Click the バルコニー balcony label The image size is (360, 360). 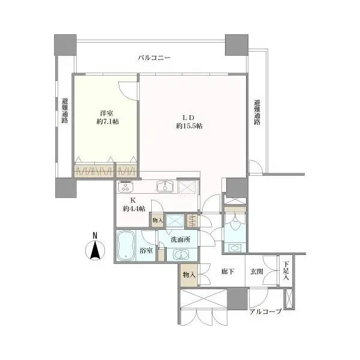pyautogui.click(x=154, y=58)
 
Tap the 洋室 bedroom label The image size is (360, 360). pyautogui.click(x=107, y=113)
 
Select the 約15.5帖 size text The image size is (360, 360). pyautogui.click(x=189, y=126)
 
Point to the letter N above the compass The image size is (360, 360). pyautogui.click(x=95, y=235)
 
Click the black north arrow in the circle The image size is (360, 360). pyautogui.click(x=95, y=250)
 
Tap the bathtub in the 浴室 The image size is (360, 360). pyautogui.click(x=125, y=245)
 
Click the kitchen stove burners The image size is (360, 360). pyautogui.click(x=125, y=187)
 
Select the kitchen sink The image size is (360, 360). pyautogui.click(x=165, y=186)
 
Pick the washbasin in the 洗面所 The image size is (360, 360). pyautogui.click(x=181, y=254)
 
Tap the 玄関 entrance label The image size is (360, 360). pyautogui.click(x=256, y=272)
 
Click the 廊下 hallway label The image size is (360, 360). pyautogui.click(x=228, y=272)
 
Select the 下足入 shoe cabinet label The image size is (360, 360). pyautogui.click(x=286, y=271)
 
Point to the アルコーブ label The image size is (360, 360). pyautogui.click(x=265, y=311)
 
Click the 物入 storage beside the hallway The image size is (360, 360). pyautogui.click(x=189, y=275)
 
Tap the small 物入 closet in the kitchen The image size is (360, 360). pyautogui.click(x=157, y=220)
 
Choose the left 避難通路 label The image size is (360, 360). pyautogui.click(x=65, y=110)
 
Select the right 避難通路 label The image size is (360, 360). pyautogui.click(x=257, y=112)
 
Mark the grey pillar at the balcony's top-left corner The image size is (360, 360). pyautogui.click(x=65, y=45)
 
